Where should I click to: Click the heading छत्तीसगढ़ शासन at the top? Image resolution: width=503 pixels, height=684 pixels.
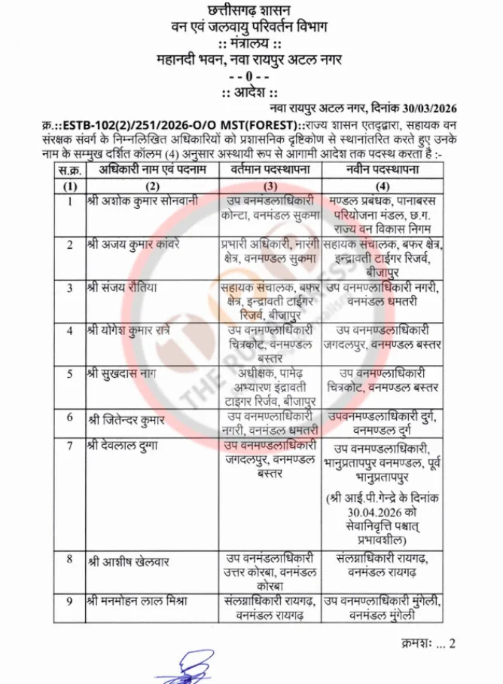251,11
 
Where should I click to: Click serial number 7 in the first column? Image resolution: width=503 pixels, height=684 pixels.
69,445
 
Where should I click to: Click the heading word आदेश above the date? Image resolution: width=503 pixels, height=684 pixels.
251,93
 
